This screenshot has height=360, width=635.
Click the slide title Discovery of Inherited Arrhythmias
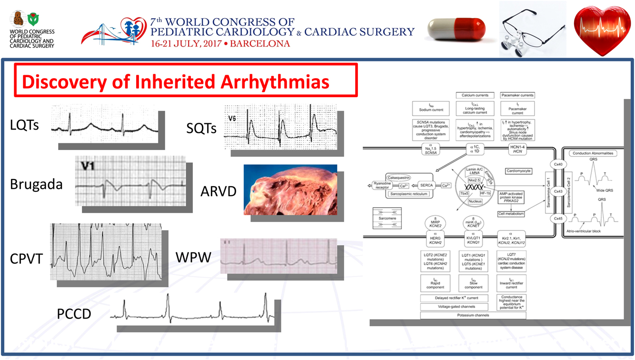[x=176, y=81]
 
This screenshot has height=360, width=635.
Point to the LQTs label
[x=24, y=126]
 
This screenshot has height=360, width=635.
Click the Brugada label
[x=36, y=184]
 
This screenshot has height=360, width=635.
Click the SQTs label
[x=201, y=128]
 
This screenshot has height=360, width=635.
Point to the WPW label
[x=193, y=258]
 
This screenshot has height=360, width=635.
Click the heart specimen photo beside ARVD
[x=290, y=190]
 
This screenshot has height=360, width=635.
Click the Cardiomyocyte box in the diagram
[x=519, y=170]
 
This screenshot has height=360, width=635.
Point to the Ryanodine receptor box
[x=382, y=185]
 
